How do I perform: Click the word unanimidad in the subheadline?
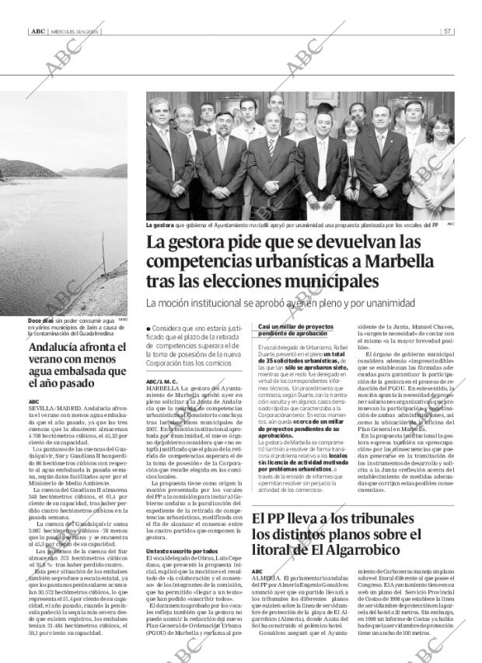point(386,303)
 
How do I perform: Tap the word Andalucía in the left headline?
point(54,349)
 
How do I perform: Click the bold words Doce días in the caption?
point(40,321)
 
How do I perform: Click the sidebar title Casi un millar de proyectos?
point(297,326)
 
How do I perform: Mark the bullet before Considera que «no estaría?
point(148,330)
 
